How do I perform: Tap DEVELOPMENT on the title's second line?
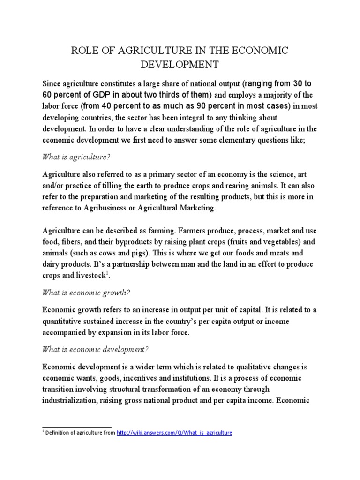point(180,64)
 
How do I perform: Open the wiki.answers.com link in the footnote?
point(174,433)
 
